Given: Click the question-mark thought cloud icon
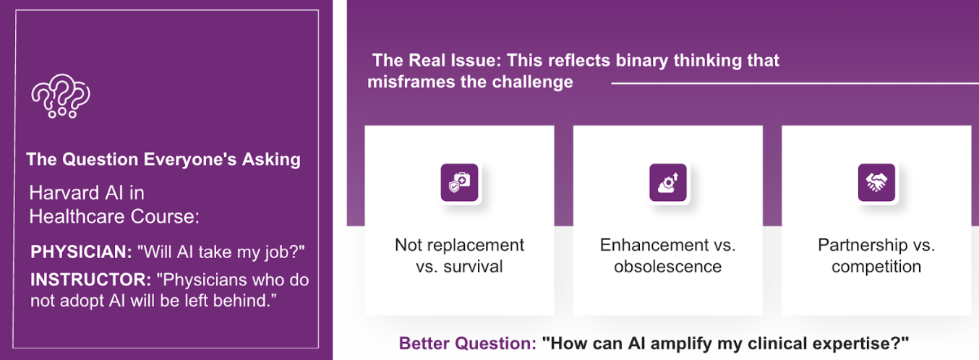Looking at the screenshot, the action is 60,95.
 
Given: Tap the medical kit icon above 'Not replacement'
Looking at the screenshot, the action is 459,182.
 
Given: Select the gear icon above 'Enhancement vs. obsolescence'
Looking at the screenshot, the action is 668,182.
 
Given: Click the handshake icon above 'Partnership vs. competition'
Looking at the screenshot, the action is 876,182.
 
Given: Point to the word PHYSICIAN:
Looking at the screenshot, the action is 81,252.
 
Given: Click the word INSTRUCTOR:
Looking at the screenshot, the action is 90,280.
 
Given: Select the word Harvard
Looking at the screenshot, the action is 64,193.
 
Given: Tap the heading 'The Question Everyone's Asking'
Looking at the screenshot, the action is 163,160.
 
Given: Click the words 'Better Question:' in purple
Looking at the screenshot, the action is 467,343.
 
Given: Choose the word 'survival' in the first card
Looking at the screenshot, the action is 473,267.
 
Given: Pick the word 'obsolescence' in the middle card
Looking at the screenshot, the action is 668,267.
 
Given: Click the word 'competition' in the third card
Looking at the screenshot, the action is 876,267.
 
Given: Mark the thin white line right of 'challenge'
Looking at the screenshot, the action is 795,83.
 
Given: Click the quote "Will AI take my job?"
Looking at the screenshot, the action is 221,252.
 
